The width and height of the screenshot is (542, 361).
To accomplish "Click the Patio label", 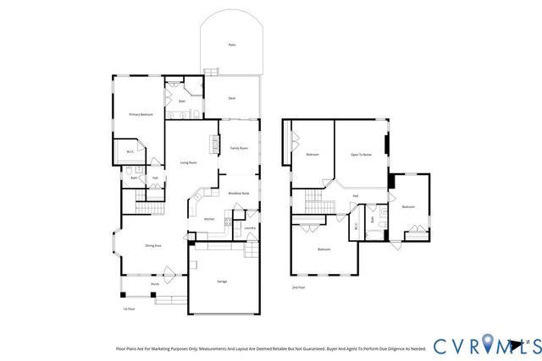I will pos(231,45).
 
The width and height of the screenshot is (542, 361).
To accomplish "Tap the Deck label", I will pos(231,99).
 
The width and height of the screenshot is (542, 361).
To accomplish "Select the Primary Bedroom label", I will pos(141,114).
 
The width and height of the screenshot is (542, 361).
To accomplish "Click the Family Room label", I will pos(239,148).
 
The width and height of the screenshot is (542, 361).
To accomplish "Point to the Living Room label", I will pos(189,162).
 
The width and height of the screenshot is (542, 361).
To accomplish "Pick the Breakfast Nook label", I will pos(239,194).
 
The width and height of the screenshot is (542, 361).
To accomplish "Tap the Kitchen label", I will pos(209,219).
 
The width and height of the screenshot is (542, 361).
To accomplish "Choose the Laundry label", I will pos(250,227).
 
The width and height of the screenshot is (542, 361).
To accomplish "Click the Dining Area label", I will pos(153,245).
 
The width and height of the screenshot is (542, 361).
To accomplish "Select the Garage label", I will pos(222,282).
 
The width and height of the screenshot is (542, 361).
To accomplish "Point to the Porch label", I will pos(155,284).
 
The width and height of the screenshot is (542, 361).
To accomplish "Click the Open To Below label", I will pos(362,155).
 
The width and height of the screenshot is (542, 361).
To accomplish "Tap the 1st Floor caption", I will pos(129,309).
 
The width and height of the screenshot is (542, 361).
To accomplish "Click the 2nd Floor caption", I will pos(297,287).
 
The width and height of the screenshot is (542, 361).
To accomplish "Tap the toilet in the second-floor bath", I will pos(382,213).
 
